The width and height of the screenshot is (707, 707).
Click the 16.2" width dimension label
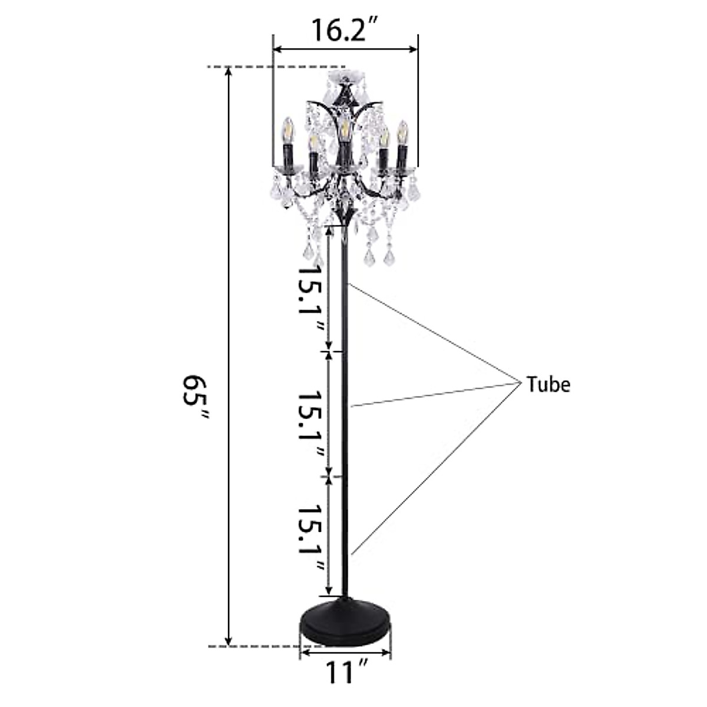pos(345,30)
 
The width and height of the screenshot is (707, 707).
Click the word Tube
pos(548,385)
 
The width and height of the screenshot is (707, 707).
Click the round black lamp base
pos(345,623)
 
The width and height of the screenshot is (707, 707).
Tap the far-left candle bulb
pos(289,130)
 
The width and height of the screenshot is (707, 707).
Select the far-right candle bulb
pos(403,132)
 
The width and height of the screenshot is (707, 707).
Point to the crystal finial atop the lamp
pos(345,78)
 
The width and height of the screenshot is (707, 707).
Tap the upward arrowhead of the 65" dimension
pos(229,72)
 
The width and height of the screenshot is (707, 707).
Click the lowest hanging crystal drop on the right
pos(389,257)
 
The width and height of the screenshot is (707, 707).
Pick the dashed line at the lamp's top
pos(277,67)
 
